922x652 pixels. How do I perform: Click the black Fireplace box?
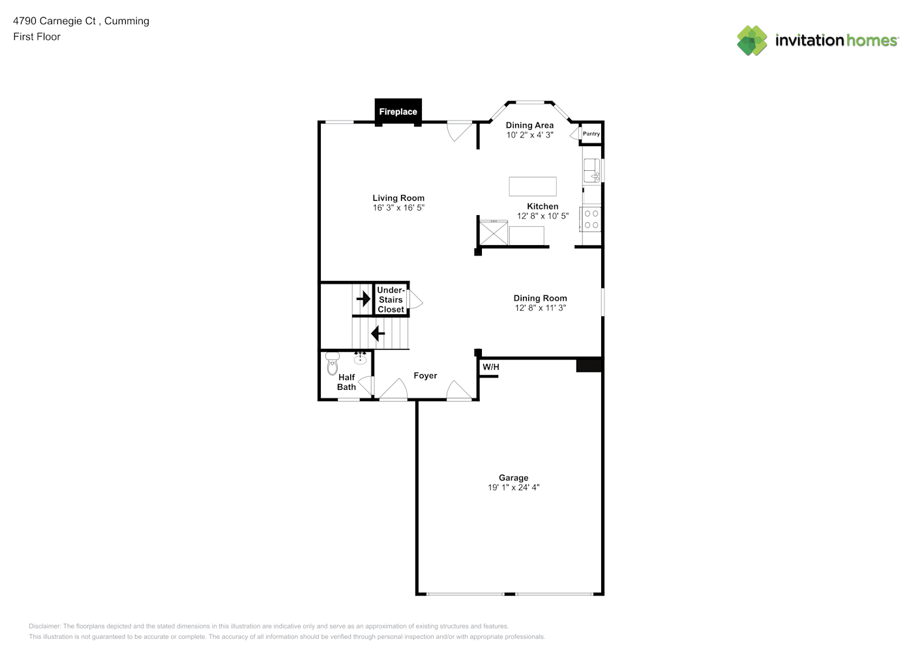398,111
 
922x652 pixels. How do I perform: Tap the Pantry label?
591,134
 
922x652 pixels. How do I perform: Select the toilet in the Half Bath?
332,363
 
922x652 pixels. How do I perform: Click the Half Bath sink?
360,359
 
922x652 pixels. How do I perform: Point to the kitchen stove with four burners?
591,219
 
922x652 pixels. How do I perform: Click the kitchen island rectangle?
533,186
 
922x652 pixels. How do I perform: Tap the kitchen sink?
592,170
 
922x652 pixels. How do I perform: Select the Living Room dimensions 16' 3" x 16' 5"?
398,208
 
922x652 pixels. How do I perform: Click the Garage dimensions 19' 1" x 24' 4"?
514,487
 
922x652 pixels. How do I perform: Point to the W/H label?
490,366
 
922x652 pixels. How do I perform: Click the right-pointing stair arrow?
363,299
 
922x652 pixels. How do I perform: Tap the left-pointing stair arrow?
378,333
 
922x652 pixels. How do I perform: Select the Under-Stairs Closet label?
391,300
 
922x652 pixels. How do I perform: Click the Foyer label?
425,376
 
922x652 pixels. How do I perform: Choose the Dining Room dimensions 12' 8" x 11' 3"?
541,308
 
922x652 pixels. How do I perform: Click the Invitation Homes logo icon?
752,40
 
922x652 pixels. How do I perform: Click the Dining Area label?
529,125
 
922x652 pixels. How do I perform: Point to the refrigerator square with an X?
494,233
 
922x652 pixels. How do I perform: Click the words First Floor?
37,37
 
